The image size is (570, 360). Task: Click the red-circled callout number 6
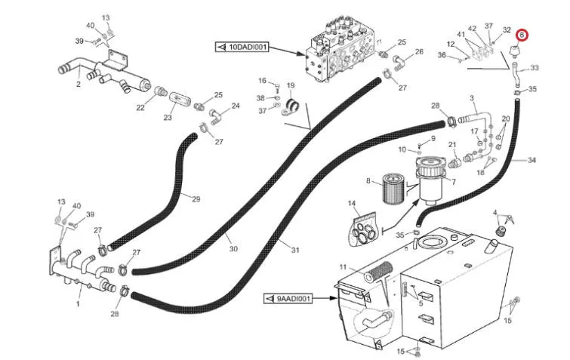point(522,35)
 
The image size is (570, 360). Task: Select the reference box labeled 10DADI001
point(242,48)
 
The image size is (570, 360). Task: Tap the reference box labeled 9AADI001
point(288,299)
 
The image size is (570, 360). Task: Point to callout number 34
point(531,160)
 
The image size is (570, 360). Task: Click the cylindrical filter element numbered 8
point(394,189)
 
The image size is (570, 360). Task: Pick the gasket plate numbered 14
point(365,231)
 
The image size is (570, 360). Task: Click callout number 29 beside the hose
point(196,199)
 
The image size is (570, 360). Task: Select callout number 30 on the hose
point(233,249)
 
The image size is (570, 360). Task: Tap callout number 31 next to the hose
point(295,250)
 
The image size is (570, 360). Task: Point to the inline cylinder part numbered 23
point(178,98)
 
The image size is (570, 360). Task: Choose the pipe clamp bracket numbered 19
point(290,106)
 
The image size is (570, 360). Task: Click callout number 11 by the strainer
point(344,267)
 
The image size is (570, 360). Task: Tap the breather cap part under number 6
point(514,51)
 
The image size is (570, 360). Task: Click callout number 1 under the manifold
point(78,303)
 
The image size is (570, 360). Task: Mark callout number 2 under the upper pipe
point(79,85)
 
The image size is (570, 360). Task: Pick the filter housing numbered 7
point(431,179)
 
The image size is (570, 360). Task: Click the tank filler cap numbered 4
point(501,230)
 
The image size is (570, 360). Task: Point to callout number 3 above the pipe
point(472,98)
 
